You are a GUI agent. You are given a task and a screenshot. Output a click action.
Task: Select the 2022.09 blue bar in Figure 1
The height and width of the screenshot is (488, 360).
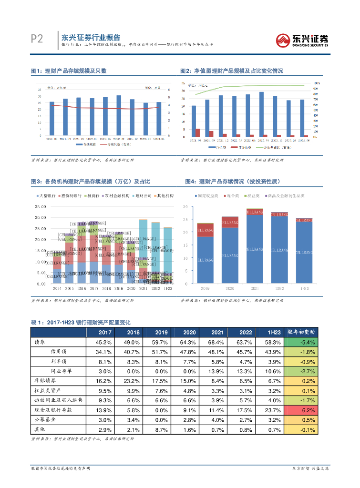point(119,114)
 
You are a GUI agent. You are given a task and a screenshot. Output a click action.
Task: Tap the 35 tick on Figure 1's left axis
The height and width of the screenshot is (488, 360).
point(39,90)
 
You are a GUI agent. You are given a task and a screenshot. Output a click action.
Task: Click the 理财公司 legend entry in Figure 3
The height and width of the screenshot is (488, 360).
point(143,196)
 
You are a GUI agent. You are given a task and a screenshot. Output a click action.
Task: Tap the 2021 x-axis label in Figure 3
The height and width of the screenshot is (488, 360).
point(143,288)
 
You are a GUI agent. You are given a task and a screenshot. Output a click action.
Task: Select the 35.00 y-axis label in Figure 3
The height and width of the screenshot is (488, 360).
point(41,207)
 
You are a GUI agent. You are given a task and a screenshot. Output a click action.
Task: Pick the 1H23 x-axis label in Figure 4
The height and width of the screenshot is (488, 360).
point(304,288)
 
